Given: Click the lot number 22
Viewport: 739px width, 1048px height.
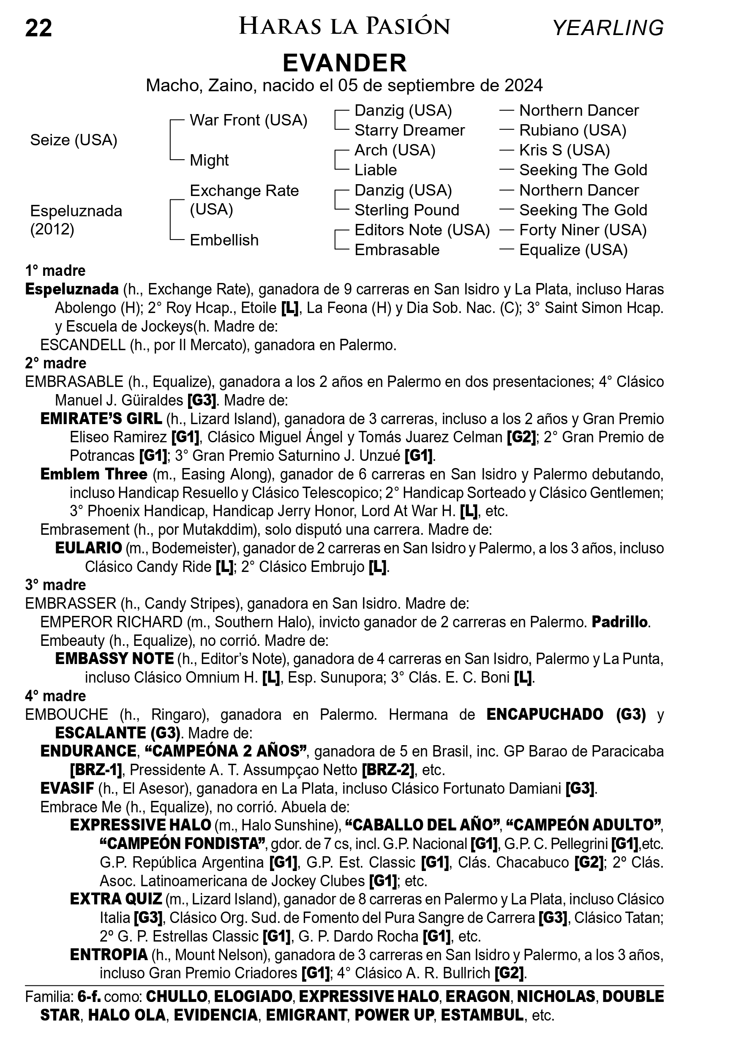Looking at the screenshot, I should (38, 28).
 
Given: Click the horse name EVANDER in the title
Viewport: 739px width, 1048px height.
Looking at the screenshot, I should (345, 63).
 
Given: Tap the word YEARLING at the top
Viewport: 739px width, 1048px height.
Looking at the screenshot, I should (608, 28).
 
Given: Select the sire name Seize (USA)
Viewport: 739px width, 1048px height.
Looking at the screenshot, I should (74, 140).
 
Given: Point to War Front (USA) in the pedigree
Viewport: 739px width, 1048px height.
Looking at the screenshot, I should (248, 120).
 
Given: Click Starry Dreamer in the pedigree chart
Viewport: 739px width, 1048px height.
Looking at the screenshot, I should (409, 131).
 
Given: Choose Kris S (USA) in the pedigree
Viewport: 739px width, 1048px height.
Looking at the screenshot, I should (564, 150).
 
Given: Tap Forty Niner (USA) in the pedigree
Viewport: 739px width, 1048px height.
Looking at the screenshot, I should (582, 230).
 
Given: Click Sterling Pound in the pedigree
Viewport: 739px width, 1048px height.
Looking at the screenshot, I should (407, 210).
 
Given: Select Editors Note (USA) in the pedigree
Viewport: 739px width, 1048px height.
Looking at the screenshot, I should (422, 230).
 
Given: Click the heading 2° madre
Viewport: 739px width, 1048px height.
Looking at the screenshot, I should (56, 363).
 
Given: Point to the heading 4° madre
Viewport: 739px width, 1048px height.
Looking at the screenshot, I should (56, 696).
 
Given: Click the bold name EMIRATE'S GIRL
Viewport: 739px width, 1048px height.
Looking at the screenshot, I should (101, 419).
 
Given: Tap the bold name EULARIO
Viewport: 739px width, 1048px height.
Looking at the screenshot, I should (89, 548).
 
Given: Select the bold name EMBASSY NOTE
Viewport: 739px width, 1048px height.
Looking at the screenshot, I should (114, 659).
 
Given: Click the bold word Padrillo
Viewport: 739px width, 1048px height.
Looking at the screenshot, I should (619, 622).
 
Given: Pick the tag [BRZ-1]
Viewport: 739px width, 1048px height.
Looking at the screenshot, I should (96, 770).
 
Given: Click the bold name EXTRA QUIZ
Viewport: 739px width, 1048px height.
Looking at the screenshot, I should (116, 899).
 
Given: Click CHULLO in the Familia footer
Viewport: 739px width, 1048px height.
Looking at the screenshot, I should (176, 996).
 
